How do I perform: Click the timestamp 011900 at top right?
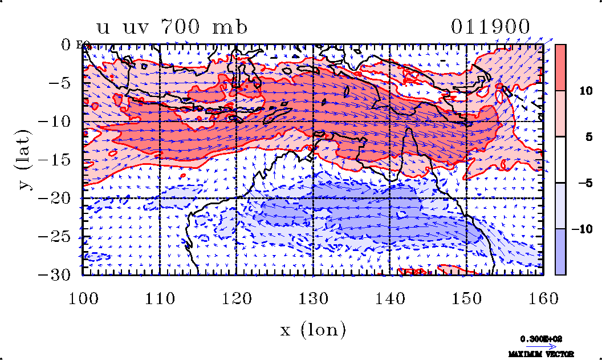click(x=490, y=27)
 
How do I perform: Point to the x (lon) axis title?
click(x=313, y=329)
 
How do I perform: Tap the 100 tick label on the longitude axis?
click(x=83, y=298)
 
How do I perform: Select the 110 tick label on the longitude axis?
click(x=159, y=298)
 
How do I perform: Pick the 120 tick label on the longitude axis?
click(x=236, y=298)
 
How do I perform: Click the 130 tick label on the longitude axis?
click(x=313, y=298)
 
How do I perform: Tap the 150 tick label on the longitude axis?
click(x=466, y=298)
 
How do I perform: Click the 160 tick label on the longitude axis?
click(x=543, y=298)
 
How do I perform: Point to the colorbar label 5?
click(x=582, y=137)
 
